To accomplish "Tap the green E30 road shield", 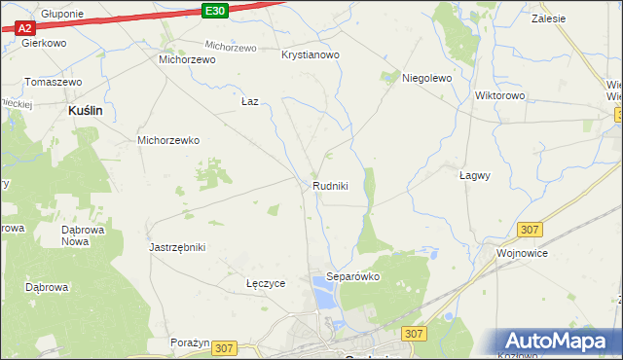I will tap(216, 11).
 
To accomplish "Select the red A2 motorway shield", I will tap(25, 28).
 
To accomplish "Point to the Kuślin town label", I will tap(86, 112).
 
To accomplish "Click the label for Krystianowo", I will tap(310, 55).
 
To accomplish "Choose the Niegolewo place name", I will tap(427, 79).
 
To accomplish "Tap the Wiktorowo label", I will tap(499, 96).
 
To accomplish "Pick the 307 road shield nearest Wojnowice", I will tap(531, 229).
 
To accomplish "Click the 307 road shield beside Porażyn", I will tap(225, 347).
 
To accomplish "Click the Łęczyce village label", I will tap(265, 284).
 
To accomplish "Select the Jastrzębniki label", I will tap(177, 247).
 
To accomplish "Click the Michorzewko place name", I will tap(168, 140).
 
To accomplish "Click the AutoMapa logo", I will tap(561, 342).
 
